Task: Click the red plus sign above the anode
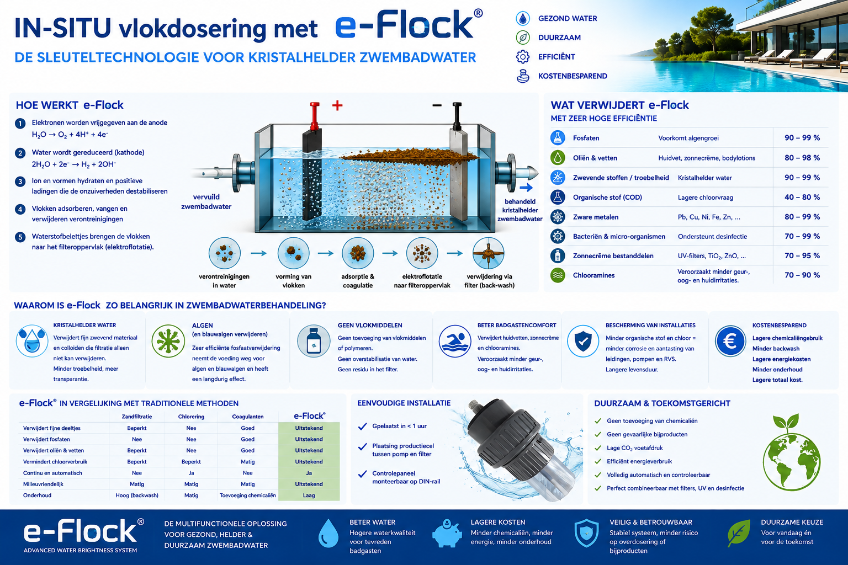click(x=337, y=105)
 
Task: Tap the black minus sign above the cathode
click(x=437, y=105)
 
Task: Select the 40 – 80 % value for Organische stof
click(x=802, y=197)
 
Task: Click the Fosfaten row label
click(x=586, y=138)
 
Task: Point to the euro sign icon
click(x=730, y=342)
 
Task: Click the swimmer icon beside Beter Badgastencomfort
click(x=455, y=341)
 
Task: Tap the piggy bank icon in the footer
click(x=447, y=534)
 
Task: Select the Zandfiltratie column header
click(x=137, y=417)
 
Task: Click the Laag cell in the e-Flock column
click(x=309, y=495)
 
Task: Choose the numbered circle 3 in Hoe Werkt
click(x=20, y=182)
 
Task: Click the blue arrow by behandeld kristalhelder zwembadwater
click(x=526, y=188)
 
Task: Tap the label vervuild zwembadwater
click(x=206, y=202)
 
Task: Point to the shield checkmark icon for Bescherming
click(x=583, y=342)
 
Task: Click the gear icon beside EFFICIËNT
click(x=523, y=57)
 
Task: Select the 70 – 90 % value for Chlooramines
click(x=802, y=275)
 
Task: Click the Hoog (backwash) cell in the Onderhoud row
click(x=137, y=495)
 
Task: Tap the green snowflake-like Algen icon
click(x=168, y=341)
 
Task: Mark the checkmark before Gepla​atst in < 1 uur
click(x=362, y=427)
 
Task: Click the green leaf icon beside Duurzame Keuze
click(x=739, y=533)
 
